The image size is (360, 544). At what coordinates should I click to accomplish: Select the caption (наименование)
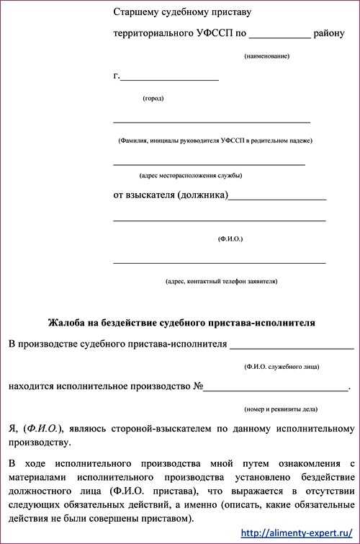266,55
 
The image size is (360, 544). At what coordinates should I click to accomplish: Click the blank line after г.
169,77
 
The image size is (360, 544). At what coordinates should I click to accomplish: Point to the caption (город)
153,98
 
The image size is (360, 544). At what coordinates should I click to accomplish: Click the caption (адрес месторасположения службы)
191,175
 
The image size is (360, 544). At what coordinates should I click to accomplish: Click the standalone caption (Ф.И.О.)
230,238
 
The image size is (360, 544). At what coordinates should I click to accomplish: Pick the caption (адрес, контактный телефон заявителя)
221,281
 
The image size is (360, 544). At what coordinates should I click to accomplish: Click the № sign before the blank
198,387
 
